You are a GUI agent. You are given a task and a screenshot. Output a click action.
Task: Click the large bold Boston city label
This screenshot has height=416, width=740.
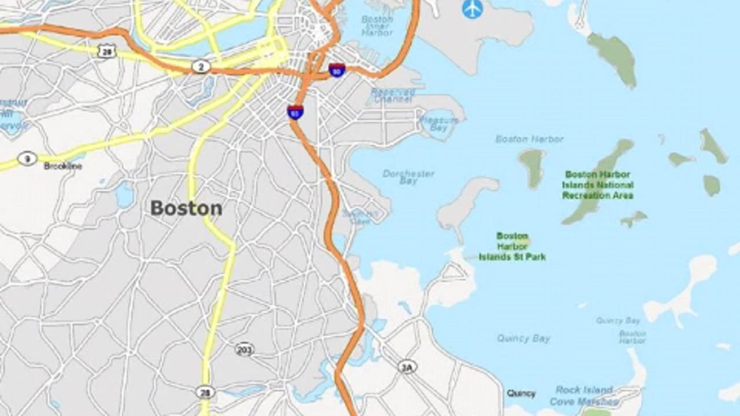pos(186,208)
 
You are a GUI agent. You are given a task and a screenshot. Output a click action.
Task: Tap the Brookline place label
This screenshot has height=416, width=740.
pos(63,166)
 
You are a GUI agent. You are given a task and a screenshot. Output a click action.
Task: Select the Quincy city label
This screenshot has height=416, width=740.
pos(521,393)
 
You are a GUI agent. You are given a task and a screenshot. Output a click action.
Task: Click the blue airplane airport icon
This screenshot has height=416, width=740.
pos(472,9)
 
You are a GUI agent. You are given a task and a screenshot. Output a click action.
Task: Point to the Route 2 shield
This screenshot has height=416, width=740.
pos(201,67)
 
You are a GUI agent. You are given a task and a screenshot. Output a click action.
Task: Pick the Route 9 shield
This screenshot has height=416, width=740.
pos(27,158)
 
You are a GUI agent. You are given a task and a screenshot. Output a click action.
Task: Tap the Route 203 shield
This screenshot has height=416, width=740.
pos(245,349)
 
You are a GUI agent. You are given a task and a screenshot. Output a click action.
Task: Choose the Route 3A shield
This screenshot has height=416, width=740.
pos(407,367)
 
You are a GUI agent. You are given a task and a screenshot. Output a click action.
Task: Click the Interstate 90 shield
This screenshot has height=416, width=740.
pos(337,70)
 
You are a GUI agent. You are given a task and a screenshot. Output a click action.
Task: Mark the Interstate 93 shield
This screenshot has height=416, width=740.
pos(295,112)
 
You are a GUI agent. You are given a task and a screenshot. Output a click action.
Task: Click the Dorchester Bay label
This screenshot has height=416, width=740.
pos(408,177)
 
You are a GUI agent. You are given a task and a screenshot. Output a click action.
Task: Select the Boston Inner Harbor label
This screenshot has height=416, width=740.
pos(377,25)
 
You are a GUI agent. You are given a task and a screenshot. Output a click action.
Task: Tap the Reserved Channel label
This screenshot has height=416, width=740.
pos(393,95)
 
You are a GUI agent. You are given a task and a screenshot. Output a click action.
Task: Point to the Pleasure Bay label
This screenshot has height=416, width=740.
pos(439,124)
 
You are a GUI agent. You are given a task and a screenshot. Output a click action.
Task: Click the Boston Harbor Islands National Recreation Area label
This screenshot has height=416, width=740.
pos(597,185)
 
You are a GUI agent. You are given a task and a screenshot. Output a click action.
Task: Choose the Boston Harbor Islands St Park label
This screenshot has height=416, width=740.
pos(512,247)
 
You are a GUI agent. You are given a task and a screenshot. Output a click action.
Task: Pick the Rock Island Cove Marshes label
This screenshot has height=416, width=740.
pos(584,396)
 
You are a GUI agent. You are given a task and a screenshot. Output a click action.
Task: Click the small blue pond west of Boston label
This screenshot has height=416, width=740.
pos(124,195)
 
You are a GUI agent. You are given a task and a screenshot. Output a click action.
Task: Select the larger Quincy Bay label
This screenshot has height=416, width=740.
pos(523,339)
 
